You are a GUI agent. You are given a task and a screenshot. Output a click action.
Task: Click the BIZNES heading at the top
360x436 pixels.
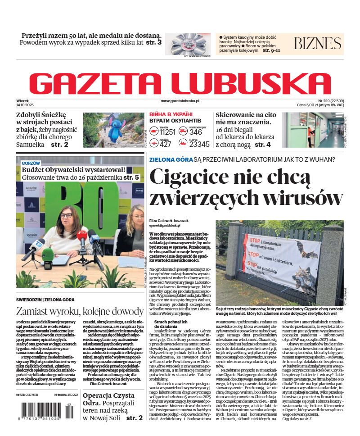tap(317, 43)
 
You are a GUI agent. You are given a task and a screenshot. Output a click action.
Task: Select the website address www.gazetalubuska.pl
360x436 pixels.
tap(180, 101)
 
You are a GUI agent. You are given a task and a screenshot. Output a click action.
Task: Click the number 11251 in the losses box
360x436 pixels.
tap(167, 132)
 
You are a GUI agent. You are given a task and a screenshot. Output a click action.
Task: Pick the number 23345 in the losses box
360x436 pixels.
tap(199, 144)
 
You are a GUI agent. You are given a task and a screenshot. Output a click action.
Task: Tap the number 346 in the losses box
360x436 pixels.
tap(196, 132)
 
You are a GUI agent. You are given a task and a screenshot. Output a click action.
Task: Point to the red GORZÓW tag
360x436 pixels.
tap(31, 163)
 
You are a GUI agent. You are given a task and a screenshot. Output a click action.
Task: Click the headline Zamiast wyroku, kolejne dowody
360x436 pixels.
tap(80, 311)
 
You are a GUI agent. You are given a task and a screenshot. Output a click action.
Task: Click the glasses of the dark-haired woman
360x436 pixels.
tap(67, 215)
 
